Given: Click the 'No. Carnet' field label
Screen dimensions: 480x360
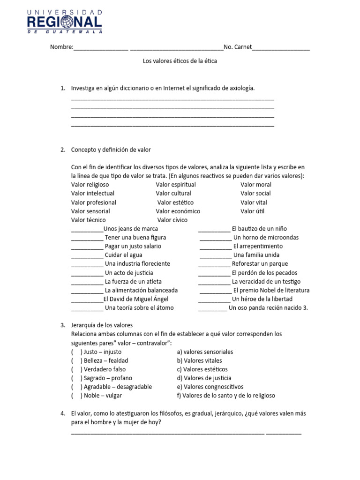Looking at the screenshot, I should coord(238,47).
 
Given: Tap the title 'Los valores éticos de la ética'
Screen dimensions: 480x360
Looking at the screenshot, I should coord(180,61).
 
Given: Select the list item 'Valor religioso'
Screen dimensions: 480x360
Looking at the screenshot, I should coord(90,185).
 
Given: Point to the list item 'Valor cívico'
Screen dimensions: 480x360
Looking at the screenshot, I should coord(172,220).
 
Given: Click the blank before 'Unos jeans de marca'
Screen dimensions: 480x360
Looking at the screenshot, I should coord(87,229).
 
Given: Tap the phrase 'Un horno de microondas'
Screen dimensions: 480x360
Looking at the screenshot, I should coord(266,238).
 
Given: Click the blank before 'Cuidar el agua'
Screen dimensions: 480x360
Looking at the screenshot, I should coord(87,255).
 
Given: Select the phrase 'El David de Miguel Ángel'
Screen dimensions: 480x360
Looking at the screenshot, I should coord(135,299).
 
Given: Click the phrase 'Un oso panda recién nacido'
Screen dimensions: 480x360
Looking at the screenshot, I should coord(264,308).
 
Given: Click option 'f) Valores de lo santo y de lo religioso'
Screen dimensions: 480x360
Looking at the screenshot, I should coord(226,396).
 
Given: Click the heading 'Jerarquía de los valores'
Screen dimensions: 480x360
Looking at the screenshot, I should coord(102,325).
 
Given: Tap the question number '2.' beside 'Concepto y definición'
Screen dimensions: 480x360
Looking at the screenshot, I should coord(63,150).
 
